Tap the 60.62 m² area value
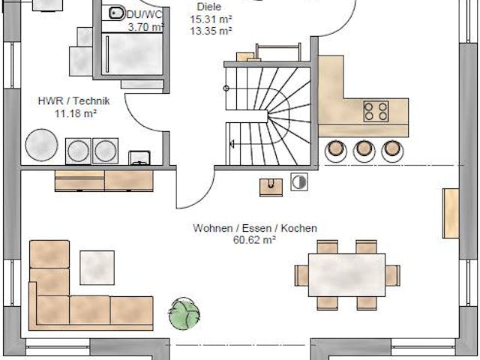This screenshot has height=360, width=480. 254,239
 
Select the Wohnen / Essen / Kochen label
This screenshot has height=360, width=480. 254,228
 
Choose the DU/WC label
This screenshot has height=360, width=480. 144,15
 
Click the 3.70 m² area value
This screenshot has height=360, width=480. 145,27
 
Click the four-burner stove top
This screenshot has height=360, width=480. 376,111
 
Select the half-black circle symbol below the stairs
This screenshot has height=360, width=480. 298,181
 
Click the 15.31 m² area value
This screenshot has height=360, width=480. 211,19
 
